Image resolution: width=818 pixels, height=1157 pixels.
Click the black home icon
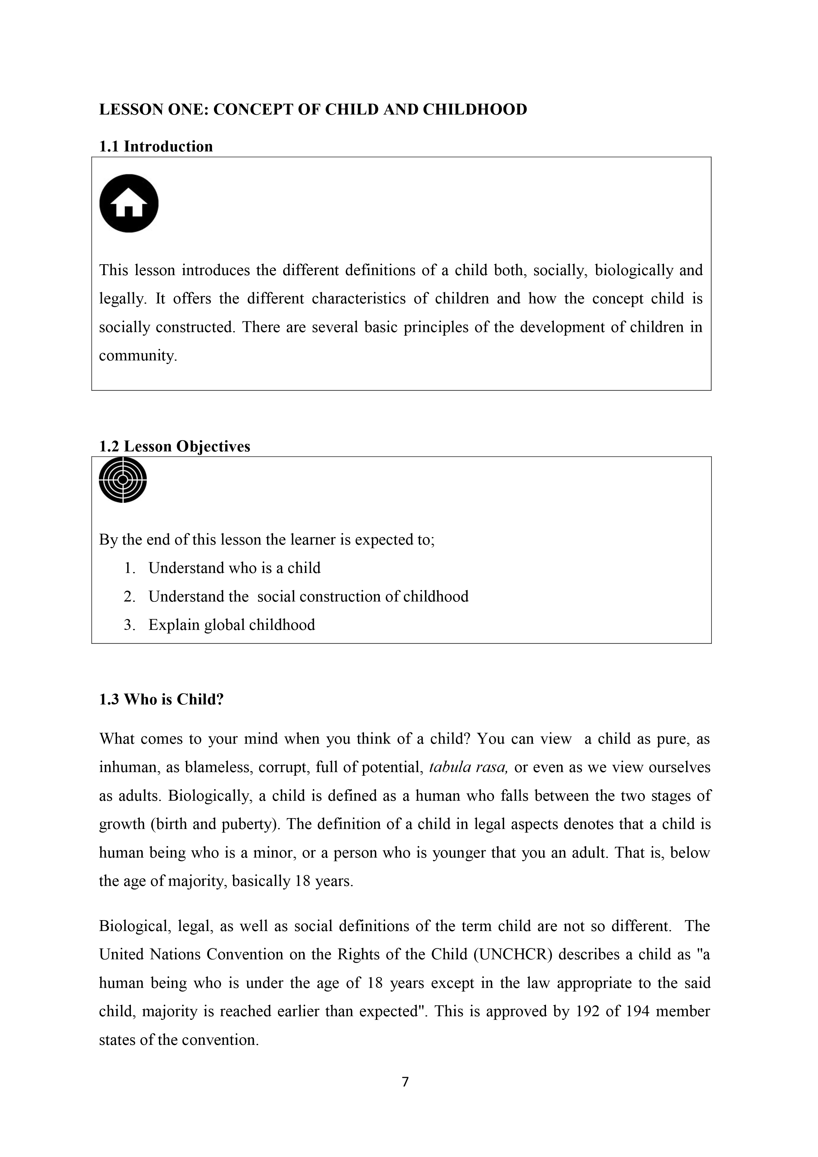pos(129,203)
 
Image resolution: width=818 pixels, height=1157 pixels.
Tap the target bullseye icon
pos(122,479)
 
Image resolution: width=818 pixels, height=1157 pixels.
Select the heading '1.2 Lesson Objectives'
pos(174,446)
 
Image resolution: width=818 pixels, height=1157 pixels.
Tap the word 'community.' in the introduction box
pos(138,356)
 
